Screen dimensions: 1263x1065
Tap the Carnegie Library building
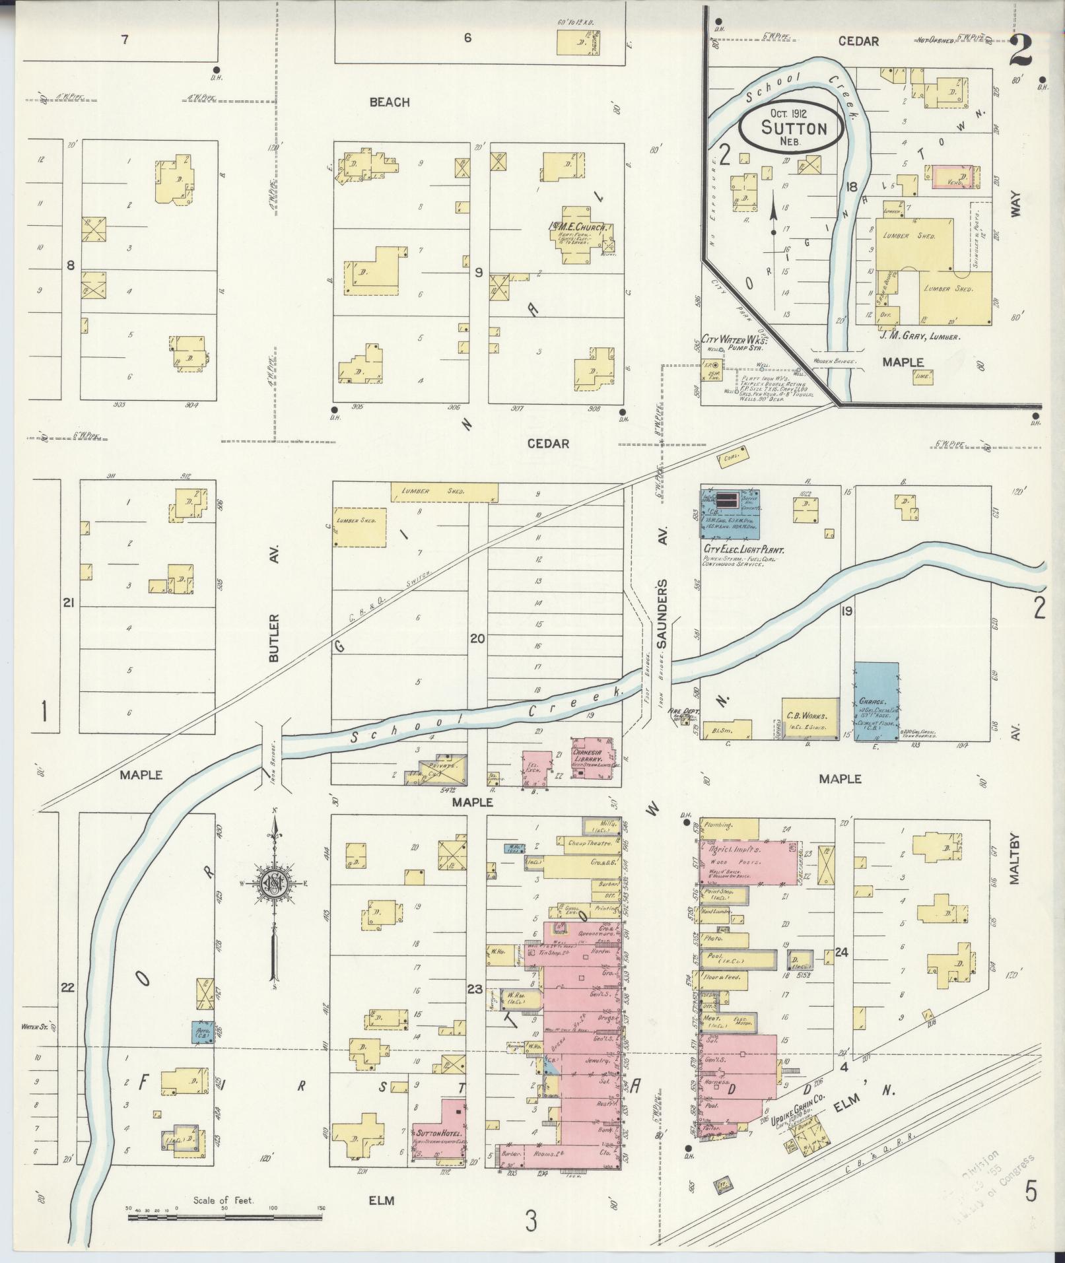(593, 761)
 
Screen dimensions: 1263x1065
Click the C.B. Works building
(810, 717)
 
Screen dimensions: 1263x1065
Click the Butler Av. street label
(275, 603)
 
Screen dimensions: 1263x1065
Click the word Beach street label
(390, 102)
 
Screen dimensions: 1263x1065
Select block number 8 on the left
(71, 265)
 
